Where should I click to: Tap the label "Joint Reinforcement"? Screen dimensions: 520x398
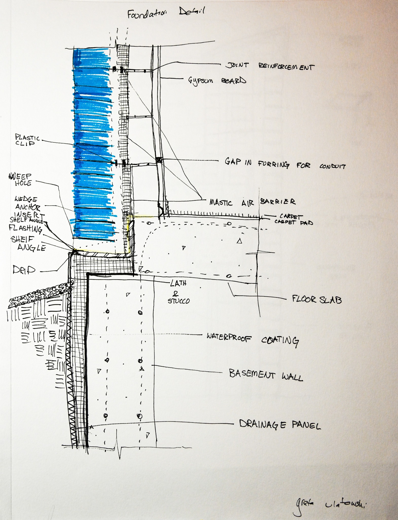pos(270,67)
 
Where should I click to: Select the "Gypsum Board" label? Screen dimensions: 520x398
pos(217,81)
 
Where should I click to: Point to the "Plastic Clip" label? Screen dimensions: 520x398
pos(27,140)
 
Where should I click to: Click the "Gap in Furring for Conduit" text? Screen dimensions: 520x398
pos(285,164)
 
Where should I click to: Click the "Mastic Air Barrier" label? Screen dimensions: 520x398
pos(252,202)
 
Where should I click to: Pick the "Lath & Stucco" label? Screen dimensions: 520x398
pos(178,292)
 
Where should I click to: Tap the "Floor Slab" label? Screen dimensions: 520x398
pos(317,299)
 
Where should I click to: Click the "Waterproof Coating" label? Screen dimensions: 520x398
pos(252,339)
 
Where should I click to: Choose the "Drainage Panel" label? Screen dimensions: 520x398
pos(280,424)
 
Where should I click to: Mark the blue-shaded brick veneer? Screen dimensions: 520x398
pos(93,142)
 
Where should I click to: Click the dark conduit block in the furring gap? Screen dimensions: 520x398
pos(159,160)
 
